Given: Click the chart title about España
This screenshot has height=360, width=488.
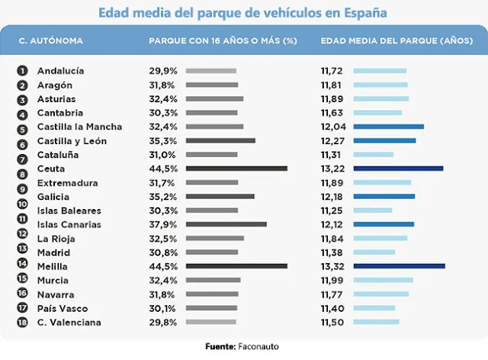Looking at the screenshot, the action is [x=242, y=13].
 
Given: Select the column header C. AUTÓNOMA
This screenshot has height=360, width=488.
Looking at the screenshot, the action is [x=51, y=40].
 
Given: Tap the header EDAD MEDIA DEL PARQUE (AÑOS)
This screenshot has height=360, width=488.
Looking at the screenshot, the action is [x=396, y=40].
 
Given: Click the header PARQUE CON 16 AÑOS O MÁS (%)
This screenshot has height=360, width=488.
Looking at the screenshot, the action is [x=223, y=40].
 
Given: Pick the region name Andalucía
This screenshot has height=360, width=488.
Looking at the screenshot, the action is [x=61, y=71].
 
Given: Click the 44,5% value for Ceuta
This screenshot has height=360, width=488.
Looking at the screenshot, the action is [x=163, y=169].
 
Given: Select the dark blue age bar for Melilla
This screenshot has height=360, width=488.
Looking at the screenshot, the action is [x=400, y=266].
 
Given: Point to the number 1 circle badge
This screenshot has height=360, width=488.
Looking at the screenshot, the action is [x=22, y=71].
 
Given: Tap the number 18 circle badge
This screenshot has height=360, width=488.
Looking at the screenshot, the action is [x=22, y=322].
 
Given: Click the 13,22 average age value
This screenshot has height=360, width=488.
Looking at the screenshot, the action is [x=332, y=169].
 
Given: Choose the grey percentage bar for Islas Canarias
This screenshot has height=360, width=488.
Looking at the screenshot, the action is [x=226, y=224].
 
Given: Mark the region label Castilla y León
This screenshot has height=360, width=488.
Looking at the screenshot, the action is [x=72, y=141].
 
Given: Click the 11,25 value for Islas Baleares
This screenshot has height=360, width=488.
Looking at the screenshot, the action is [x=332, y=211].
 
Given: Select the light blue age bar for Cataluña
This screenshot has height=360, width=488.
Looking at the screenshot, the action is [x=374, y=155].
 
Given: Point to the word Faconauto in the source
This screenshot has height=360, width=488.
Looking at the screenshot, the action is [x=258, y=346].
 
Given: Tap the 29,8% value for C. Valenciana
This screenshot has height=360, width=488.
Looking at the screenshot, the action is [x=163, y=323].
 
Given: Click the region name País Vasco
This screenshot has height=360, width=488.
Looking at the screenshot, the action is [x=63, y=309].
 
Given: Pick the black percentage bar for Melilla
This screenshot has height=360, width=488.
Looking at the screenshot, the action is [x=236, y=266].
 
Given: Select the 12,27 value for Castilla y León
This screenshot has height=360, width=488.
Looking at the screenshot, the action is [x=332, y=141].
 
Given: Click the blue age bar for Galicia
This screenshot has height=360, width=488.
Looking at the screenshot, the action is [x=384, y=197].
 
